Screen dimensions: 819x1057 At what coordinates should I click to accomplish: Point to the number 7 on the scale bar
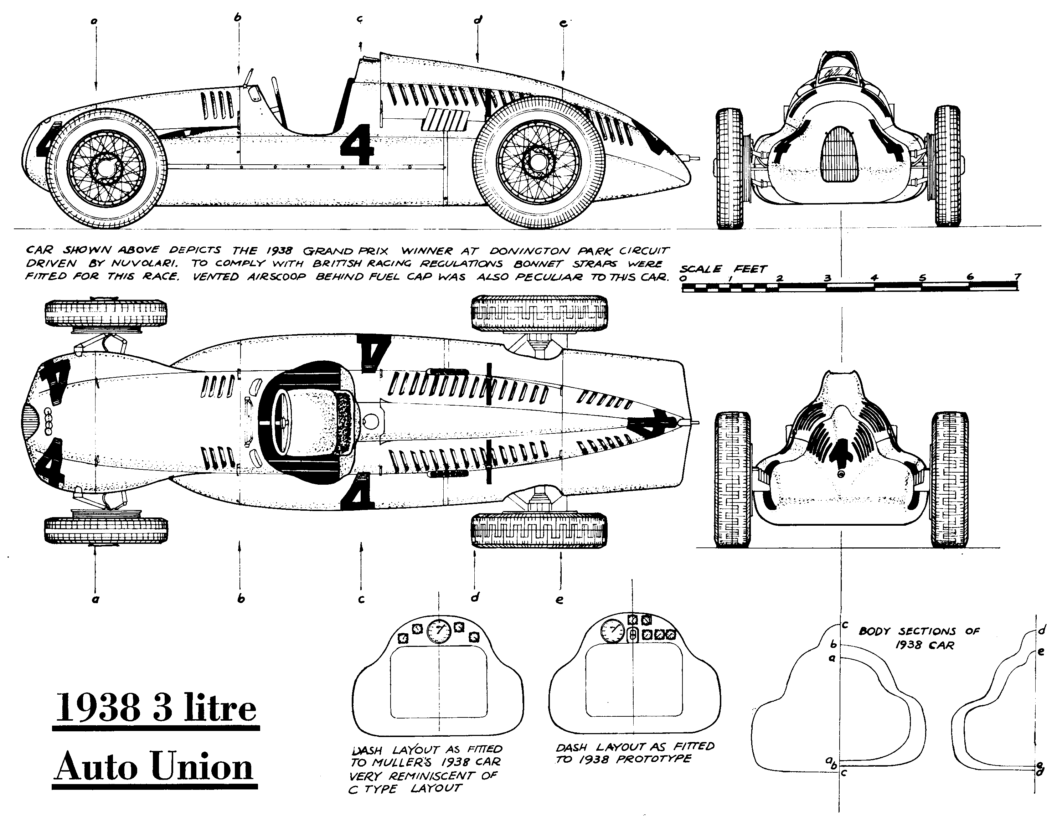pos(1018,277)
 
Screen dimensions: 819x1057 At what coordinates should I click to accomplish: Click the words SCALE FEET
pos(723,269)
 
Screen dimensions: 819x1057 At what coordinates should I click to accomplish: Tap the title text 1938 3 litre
pos(156,708)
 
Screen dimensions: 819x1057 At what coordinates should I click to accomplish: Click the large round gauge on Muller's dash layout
pos(438,630)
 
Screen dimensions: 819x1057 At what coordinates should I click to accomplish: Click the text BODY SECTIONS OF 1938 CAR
pos(918,638)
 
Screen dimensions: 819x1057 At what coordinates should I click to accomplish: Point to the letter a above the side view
pos(94,21)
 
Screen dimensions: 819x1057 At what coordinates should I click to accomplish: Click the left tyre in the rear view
pos(733,479)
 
